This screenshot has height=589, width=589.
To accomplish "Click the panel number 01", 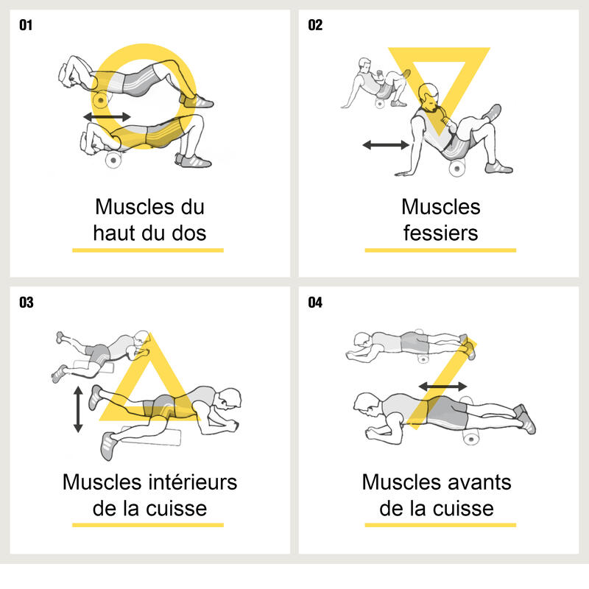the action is pyautogui.click(x=26, y=25).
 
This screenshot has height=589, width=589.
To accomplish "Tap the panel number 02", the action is pyautogui.click(x=315, y=25).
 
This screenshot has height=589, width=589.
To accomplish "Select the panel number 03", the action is pyautogui.click(x=27, y=303).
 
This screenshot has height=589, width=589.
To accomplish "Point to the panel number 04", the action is pyautogui.click(x=315, y=303).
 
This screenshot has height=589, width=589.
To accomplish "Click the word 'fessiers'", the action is pyautogui.click(x=440, y=233).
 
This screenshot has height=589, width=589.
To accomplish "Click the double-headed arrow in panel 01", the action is pyautogui.click(x=107, y=116).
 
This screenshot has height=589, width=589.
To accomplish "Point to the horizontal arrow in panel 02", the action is pyautogui.click(x=386, y=144).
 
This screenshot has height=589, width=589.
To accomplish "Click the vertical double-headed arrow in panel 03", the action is pyautogui.click(x=78, y=409).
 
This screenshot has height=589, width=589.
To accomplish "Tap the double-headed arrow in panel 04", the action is pyautogui.click(x=443, y=386).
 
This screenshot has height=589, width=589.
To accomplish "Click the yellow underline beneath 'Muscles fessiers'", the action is pyautogui.click(x=440, y=250).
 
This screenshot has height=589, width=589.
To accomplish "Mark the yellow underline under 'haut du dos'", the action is pyautogui.click(x=148, y=250).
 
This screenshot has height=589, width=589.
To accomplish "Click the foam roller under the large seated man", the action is pyautogui.click(x=456, y=168).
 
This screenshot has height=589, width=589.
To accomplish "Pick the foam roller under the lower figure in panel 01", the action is pyautogui.click(x=113, y=161).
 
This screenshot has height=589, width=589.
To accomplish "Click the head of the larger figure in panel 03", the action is pyautogui.click(x=229, y=399).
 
